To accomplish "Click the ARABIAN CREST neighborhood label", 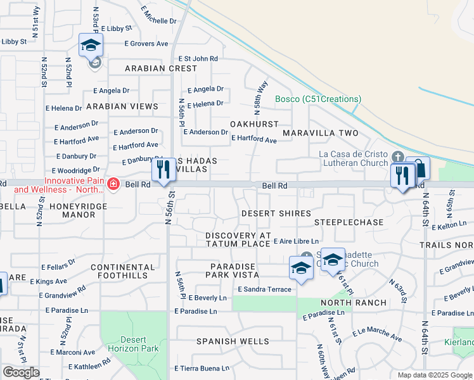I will pyautogui.click(x=161, y=68).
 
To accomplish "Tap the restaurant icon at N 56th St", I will pyautogui.click(x=164, y=170).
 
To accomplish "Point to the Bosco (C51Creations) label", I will pyautogui.click(x=318, y=99).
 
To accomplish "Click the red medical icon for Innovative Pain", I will pyautogui.click(x=113, y=184).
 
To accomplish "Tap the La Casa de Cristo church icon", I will pyautogui.click(x=397, y=156).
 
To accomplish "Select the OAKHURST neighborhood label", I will pyautogui.click(x=255, y=124).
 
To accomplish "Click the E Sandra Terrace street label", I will pyautogui.click(x=264, y=289).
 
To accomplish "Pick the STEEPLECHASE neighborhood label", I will pyautogui.click(x=349, y=222).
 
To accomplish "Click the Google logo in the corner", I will pyautogui.click(x=21, y=372).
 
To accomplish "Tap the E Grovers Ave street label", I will pyautogui.click(x=145, y=44).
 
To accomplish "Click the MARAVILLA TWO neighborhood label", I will pyautogui.click(x=320, y=133).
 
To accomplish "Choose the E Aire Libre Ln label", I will pyautogui.click(x=295, y=241).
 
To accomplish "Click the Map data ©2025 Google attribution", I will pyautogui.click(x=434, y=375).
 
